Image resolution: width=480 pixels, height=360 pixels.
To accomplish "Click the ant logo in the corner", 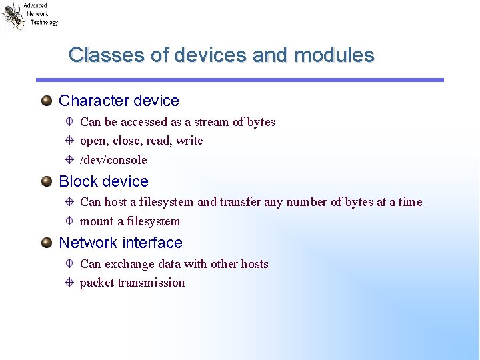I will (x=13, y=15).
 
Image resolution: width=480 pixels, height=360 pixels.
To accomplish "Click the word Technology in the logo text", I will (x=44, y=22).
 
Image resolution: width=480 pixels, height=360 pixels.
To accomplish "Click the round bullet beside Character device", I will (x=46, y=101).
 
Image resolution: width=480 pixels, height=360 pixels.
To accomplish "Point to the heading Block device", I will (x=103, y=181).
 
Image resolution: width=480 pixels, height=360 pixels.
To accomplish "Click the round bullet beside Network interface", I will (x=46, y=243).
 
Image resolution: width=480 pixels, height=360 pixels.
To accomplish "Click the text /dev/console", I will (x=113, y=160).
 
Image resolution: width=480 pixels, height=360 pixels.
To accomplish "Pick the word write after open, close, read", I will (x=189, y=141).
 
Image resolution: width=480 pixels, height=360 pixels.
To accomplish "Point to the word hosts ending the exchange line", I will (x=254, y=264).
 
